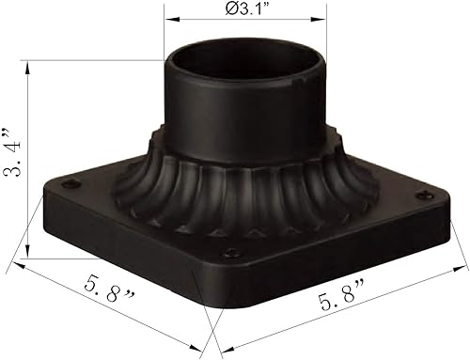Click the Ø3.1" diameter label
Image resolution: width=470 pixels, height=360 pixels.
pos(245,10)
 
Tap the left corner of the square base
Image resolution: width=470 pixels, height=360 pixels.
pos(41,202)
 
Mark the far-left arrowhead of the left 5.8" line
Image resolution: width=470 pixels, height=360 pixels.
pos(19,265)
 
